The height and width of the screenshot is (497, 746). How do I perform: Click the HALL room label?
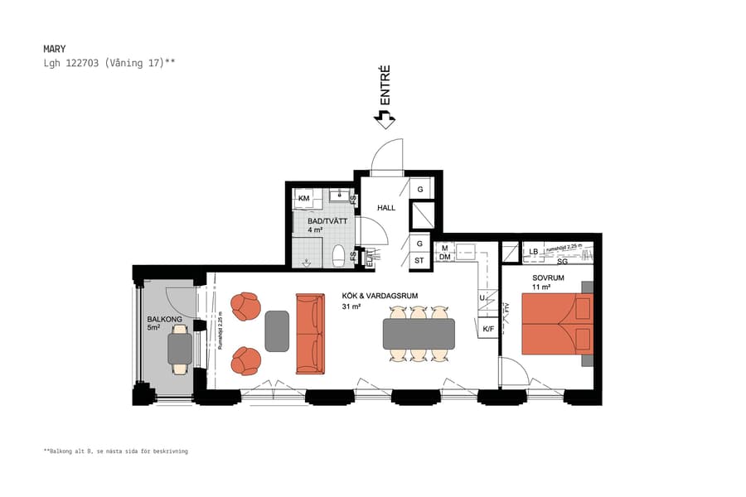pos(386,208)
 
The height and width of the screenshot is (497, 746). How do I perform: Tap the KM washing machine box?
pos(304,199)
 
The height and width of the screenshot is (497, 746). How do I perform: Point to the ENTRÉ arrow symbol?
pos(384,120)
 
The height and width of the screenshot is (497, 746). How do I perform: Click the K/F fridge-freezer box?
pos(488,330)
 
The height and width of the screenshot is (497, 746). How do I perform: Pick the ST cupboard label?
pos(419,261)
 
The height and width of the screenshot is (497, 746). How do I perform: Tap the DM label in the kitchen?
pos(444,258)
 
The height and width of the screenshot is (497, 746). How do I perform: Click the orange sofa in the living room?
pos(309,333)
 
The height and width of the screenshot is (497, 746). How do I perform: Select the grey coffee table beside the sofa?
pos(277,331)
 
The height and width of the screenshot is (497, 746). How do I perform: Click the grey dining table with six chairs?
pos(419,334)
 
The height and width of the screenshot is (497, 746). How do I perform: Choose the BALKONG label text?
pos(160,319)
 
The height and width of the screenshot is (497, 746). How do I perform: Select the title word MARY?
pos(55,49)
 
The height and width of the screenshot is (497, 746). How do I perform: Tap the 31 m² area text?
pos(351,306)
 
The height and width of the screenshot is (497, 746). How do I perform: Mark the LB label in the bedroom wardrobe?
pos(534,251)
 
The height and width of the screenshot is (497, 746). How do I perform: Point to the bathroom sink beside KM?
pos(338,197)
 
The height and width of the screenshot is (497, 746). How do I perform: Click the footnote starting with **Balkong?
pos(116,451)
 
